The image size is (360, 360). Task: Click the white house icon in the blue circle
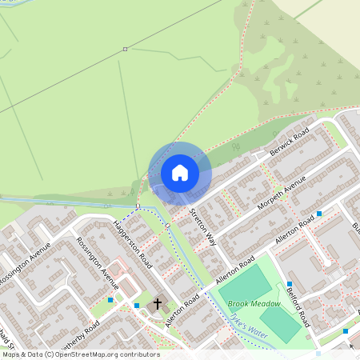click(x=180, y=173)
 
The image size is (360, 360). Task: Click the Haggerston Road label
click(x=133, y=243)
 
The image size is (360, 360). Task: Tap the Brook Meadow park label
click(x=254, y=304)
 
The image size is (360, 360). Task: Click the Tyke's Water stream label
click(x=247, y=325)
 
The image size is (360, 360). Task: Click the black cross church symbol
click(x=157, y=304)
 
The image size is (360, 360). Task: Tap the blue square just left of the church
click(x=137, y=306)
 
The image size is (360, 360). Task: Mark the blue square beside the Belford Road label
click(x=290, y=284)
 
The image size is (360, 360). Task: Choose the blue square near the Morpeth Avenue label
click(x=319, y=214)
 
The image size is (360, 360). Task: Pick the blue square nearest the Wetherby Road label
click(x=110, y=300)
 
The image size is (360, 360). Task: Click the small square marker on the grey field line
click(x=125, y=50)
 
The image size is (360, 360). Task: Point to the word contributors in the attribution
click(x=141, y=354)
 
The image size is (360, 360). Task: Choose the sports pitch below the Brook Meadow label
click(x=280, y=323)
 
